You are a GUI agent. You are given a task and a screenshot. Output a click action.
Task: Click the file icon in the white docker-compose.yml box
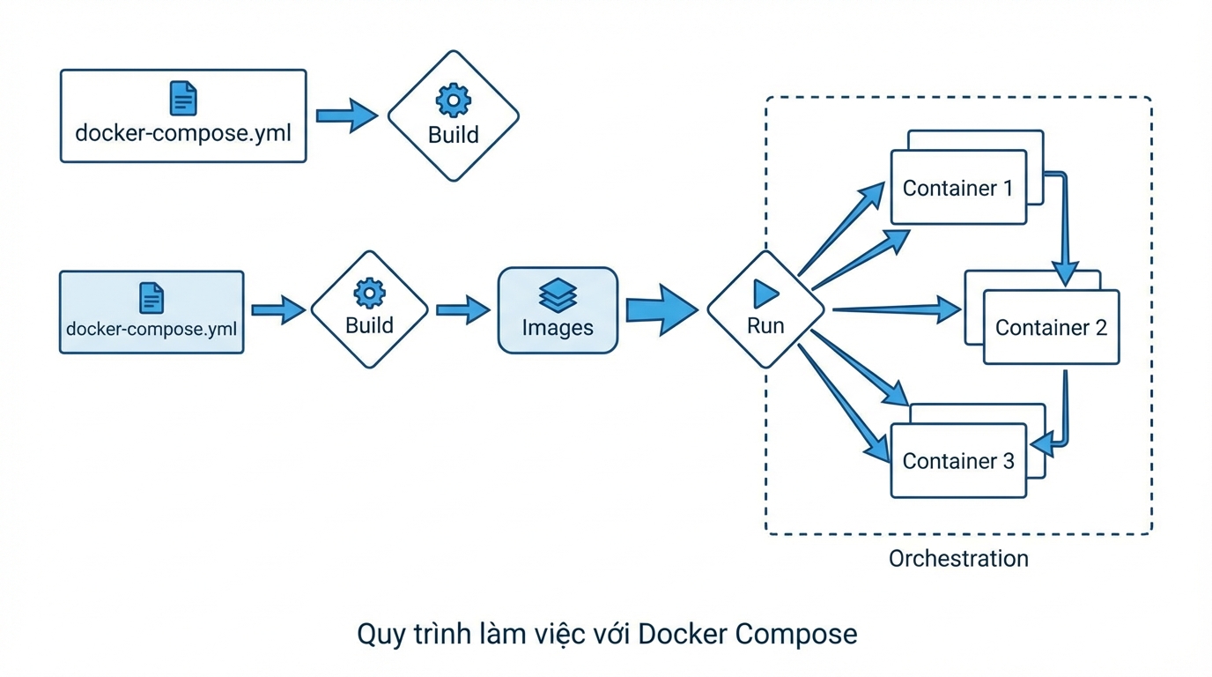tap(183, 98)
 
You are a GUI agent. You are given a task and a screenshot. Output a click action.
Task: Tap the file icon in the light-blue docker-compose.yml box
tap(151, 298)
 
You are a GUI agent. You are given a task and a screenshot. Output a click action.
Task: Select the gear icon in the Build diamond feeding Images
tap(369, 293)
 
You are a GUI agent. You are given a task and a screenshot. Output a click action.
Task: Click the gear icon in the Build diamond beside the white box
tap(454, 100)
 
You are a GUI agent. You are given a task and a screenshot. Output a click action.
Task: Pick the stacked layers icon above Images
tap(558, 295)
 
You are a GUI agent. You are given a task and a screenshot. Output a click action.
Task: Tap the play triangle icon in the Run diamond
tap(765, 294)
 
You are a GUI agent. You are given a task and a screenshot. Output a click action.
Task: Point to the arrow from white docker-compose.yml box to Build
tap(346, 115)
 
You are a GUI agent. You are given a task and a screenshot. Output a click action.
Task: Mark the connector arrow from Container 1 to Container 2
tap(1066, 229)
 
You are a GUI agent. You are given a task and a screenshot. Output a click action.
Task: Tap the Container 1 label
tap(957, 188)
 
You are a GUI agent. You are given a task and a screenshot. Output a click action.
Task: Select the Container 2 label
tap(1051, 328)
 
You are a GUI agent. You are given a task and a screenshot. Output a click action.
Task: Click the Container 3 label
tap(958, 461)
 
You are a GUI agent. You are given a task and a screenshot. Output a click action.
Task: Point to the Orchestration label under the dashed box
tap(958, 559)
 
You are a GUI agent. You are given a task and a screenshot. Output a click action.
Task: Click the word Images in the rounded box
tap(558, 328)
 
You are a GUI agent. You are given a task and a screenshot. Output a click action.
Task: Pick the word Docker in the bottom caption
tap(682, 634)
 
